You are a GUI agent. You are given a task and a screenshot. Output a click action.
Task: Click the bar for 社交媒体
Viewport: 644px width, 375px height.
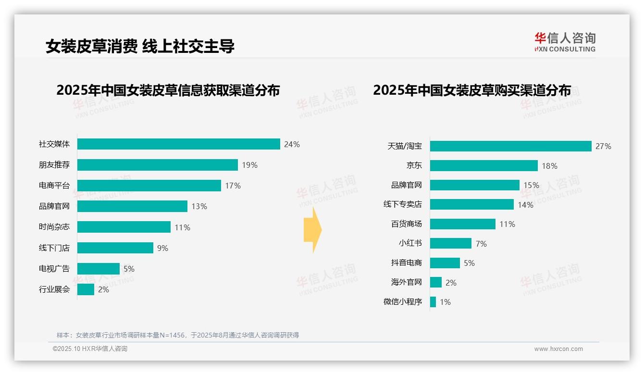point(178,144)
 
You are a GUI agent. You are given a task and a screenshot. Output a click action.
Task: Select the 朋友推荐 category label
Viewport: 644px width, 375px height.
point(54,165)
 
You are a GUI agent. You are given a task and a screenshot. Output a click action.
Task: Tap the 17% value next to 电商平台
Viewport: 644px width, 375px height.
point(233,186)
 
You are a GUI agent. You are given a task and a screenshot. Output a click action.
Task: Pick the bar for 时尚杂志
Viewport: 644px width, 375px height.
point(124,227)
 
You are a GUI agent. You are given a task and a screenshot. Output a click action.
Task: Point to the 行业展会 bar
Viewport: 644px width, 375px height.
point(86,289)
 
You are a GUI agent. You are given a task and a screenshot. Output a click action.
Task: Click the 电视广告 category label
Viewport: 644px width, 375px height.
point(54,269)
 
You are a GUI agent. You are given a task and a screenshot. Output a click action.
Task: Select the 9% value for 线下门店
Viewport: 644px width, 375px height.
point(162,248)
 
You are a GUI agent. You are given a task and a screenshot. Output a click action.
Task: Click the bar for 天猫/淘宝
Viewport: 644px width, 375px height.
point(510,146)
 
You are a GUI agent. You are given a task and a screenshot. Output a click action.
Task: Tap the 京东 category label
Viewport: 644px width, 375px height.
point(414,166)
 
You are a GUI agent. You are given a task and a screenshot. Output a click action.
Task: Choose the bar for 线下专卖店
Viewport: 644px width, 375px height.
point(471,204)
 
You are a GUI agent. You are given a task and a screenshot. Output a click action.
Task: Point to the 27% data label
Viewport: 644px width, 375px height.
point(603,146)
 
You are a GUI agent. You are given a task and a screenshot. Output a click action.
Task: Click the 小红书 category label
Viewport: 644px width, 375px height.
point(410,243)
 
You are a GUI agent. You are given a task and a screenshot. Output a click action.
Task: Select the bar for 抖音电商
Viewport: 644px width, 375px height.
point(445,263)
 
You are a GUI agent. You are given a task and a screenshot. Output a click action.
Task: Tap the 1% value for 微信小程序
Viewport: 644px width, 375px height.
point(445,302)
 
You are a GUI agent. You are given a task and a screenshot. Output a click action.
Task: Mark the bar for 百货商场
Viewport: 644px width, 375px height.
point(462,224)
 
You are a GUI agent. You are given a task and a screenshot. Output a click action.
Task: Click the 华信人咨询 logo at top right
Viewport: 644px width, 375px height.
point(565,42)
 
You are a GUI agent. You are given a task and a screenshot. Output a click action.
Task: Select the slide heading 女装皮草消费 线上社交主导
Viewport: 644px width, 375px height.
point(140,46)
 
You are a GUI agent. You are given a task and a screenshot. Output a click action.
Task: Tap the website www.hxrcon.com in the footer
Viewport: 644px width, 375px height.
point(558,349)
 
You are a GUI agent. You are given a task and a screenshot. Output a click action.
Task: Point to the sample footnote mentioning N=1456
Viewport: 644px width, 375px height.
point(178,335)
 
